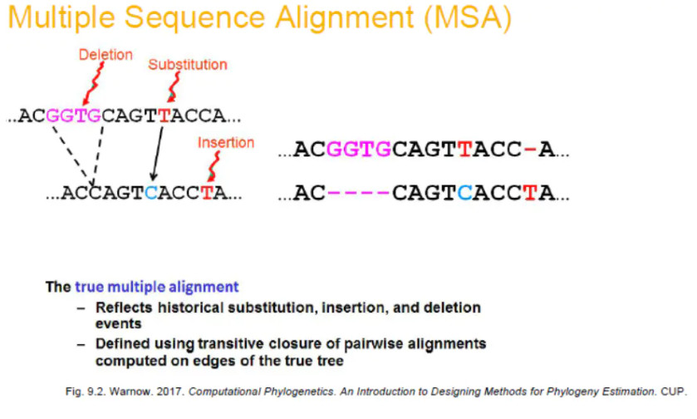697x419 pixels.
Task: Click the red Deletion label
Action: pos(106,55)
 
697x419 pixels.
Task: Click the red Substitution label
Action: pos(187,64)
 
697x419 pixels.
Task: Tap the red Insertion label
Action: pos(225,142)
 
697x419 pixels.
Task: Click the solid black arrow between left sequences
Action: pos(155,154)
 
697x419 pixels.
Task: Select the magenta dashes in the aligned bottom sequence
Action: pos(358,195)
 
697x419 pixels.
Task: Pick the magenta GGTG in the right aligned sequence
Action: pos(359,150)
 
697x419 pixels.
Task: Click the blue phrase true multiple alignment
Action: pos(156,288)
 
